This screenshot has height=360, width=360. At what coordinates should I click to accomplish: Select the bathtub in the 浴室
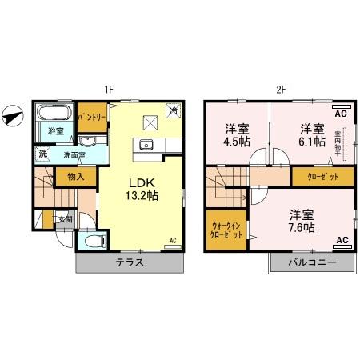pyautogui.click(x=55, y=111)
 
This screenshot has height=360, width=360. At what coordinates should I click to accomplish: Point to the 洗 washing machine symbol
pyautogui.click(x=42, y=154)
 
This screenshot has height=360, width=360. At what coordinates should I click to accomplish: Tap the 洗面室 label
pyautogui.click(x=78, y=155)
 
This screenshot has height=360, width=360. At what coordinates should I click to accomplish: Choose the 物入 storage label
pyautogui.click(x=75, y=177)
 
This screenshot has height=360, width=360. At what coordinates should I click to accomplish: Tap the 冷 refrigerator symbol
pyautogui.click(x=172, y=111)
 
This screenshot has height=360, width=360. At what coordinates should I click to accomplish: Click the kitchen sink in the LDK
pyautogui.click(x=145, y=145)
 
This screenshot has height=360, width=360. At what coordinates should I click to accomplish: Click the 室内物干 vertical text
pyautogui.click(x=338, y=142)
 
